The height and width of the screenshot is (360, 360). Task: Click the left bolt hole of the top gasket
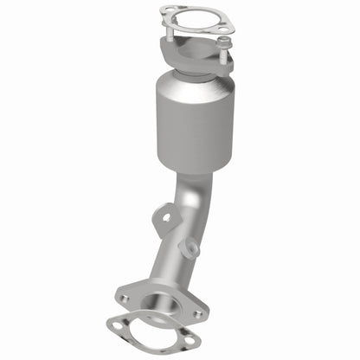(165, 12)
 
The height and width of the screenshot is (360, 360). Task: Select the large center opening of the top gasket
(197, 18)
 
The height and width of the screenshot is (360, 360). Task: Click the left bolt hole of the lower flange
(124, 298)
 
